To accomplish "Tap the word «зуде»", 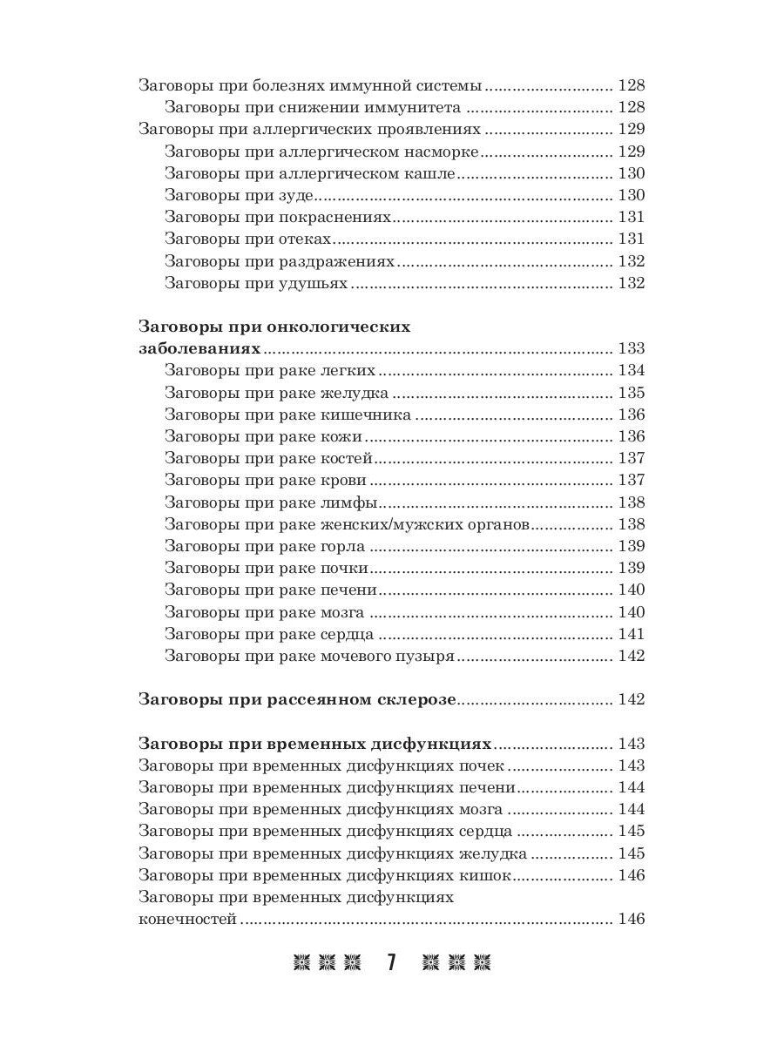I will coord(296,196).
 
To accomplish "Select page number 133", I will coord(631,349).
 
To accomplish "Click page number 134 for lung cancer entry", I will coord(631,371).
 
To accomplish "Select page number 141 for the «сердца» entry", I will coord(631,635).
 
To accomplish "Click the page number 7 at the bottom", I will coord(392,962).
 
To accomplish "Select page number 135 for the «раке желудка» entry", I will coord(631,394).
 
